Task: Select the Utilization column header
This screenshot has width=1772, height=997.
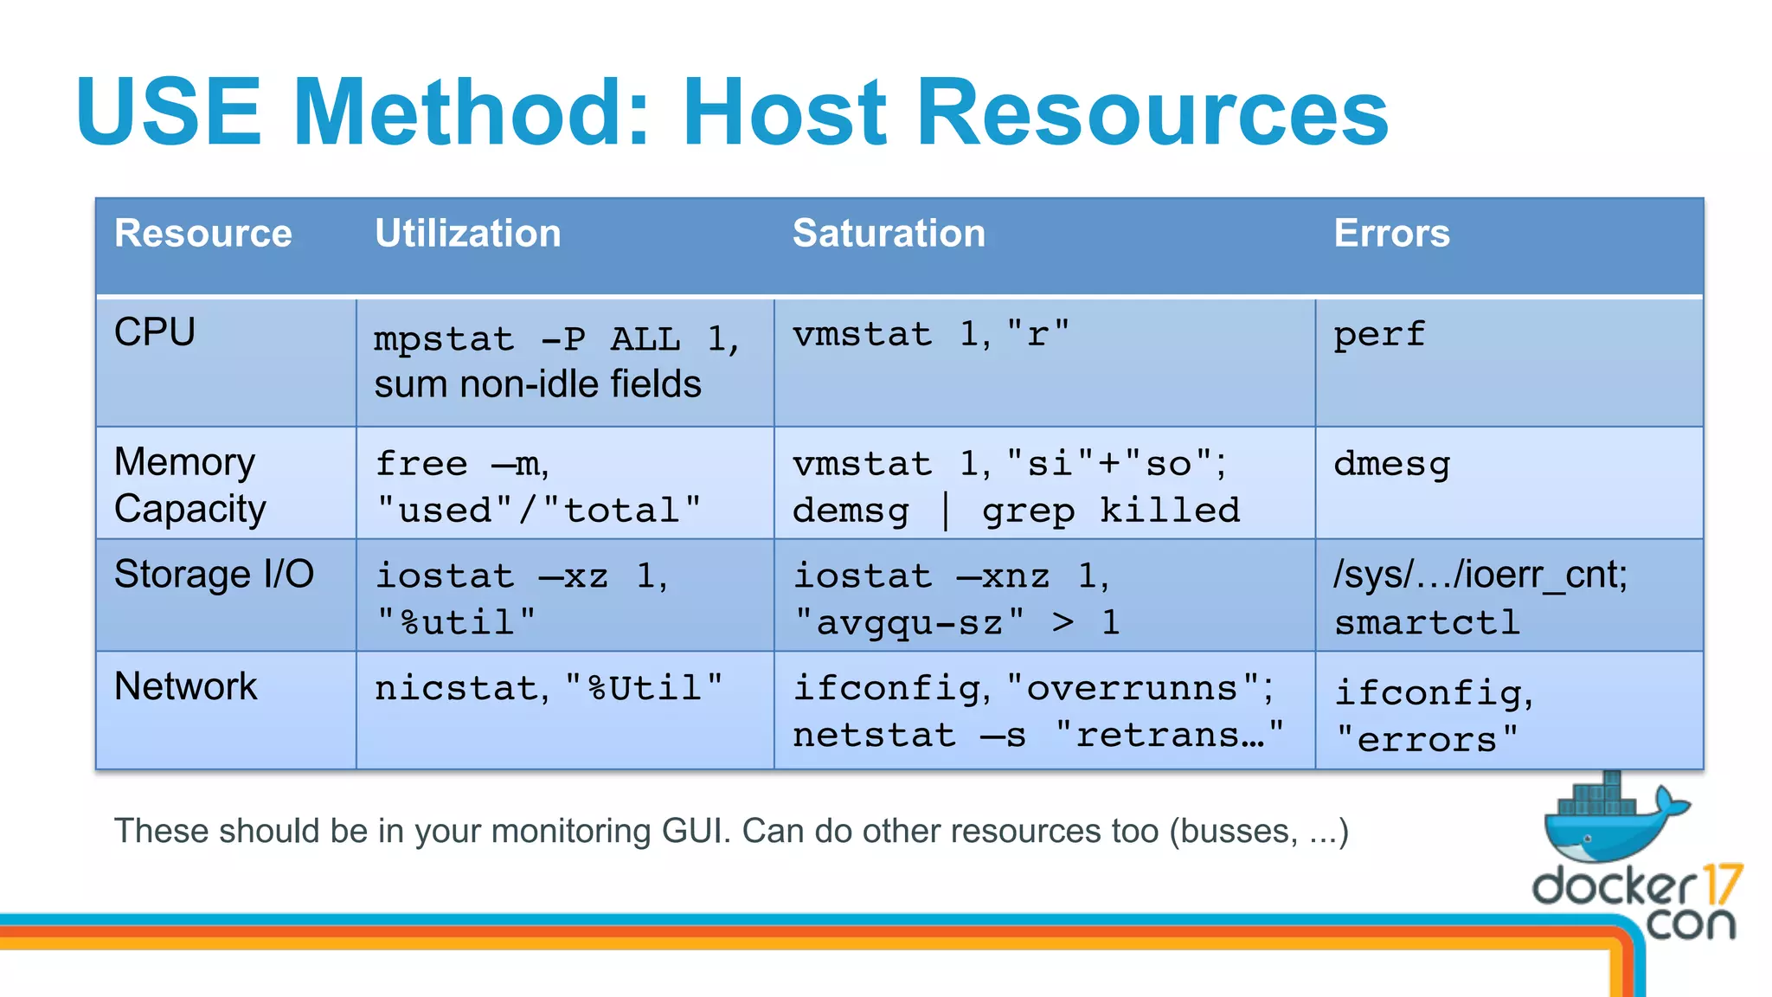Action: [x=467, y=234]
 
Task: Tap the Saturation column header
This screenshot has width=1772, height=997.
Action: [x=889, y=234]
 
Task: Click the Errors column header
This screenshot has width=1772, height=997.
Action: [x=1391, y=234]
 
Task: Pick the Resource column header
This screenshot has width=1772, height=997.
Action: [x=203, y=234]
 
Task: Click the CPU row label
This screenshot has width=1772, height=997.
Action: [x=155, y=332]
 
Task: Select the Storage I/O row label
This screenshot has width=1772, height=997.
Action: [x=214, y=575]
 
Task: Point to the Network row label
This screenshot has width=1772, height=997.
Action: [x=185, y=687]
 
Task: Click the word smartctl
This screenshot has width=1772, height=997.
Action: [x=1427, y=622]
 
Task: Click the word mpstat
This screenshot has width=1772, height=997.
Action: [x=444, y=339]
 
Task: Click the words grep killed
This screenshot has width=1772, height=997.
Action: [x=1111, y=511]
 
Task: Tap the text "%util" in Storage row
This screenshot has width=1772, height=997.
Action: [x=457, y=622]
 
